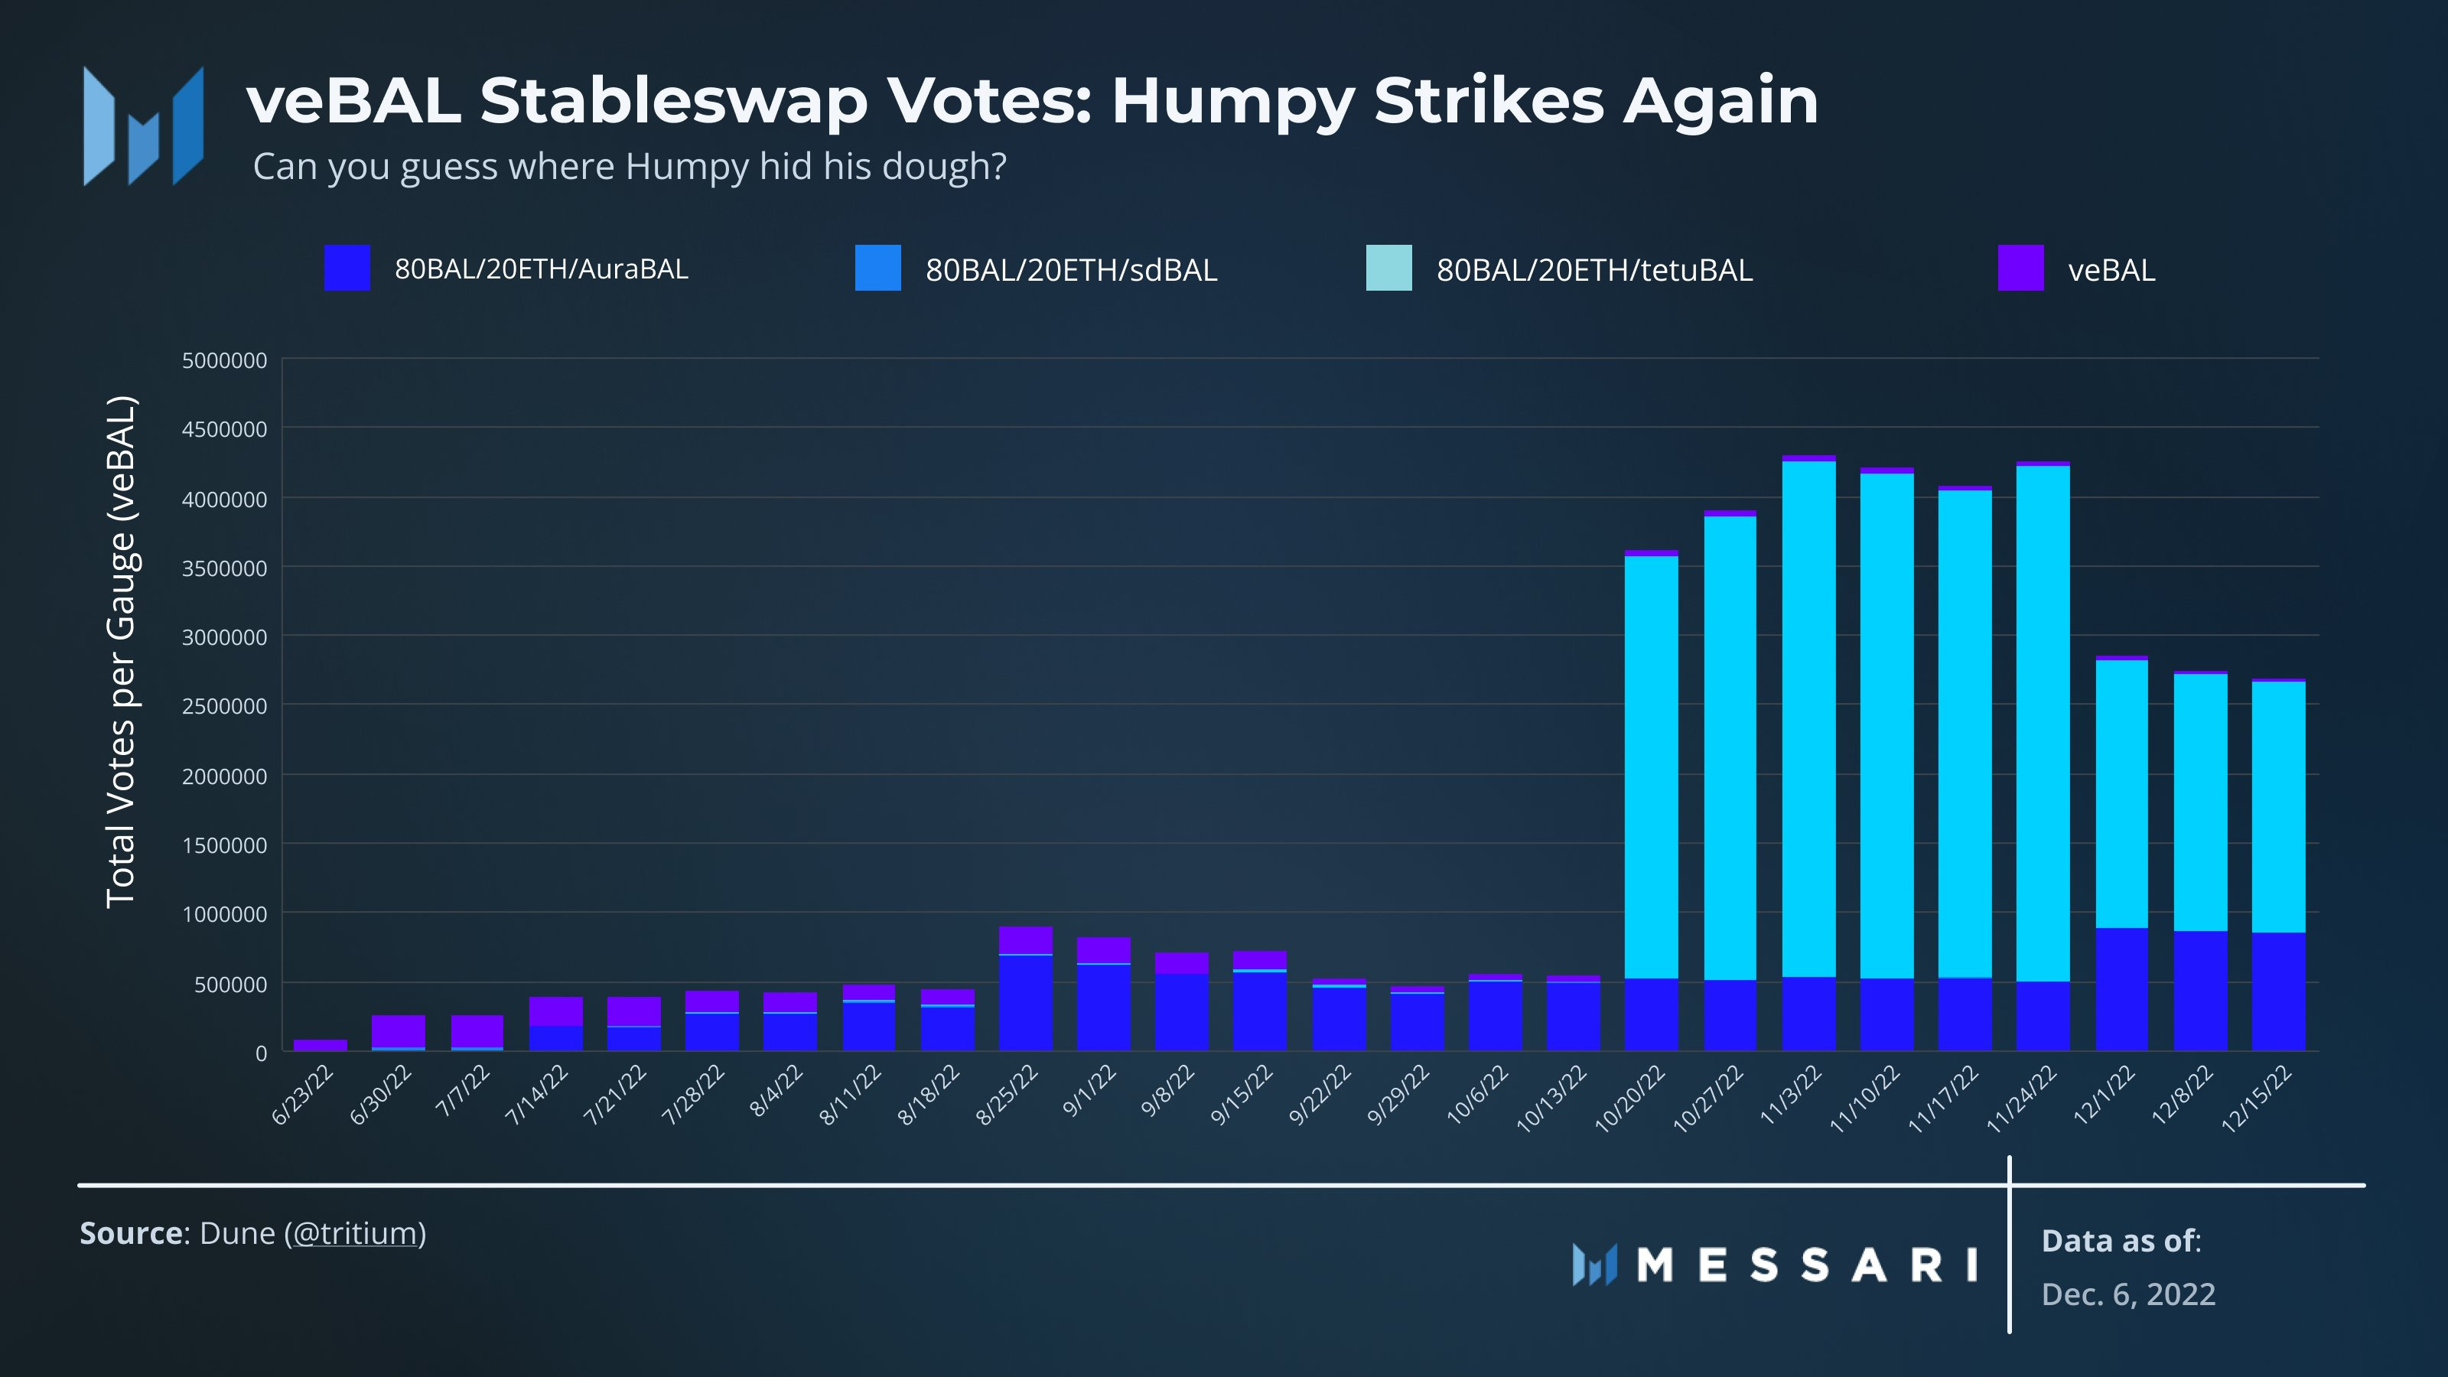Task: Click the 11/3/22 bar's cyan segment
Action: point(1808,719)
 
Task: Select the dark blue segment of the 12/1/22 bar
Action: point(2121,989)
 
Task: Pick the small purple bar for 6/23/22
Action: point(321,1045)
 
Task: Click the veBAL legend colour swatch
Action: point(2020,268)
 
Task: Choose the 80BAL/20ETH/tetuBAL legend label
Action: point(1594,270)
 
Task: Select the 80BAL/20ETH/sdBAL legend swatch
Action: point(878,268)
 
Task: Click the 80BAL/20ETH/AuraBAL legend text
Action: point(542,269)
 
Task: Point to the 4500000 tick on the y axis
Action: point(224,429)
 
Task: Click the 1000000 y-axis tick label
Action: point(224,914)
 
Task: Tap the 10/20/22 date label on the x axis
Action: point(1631,1099)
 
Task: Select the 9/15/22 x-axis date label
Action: point(1242,1095)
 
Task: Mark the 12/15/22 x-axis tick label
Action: point(2257,1099)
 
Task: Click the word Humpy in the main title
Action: point(1232,102)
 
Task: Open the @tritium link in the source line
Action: point(354,1233)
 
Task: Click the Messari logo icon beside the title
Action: point(144,125)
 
